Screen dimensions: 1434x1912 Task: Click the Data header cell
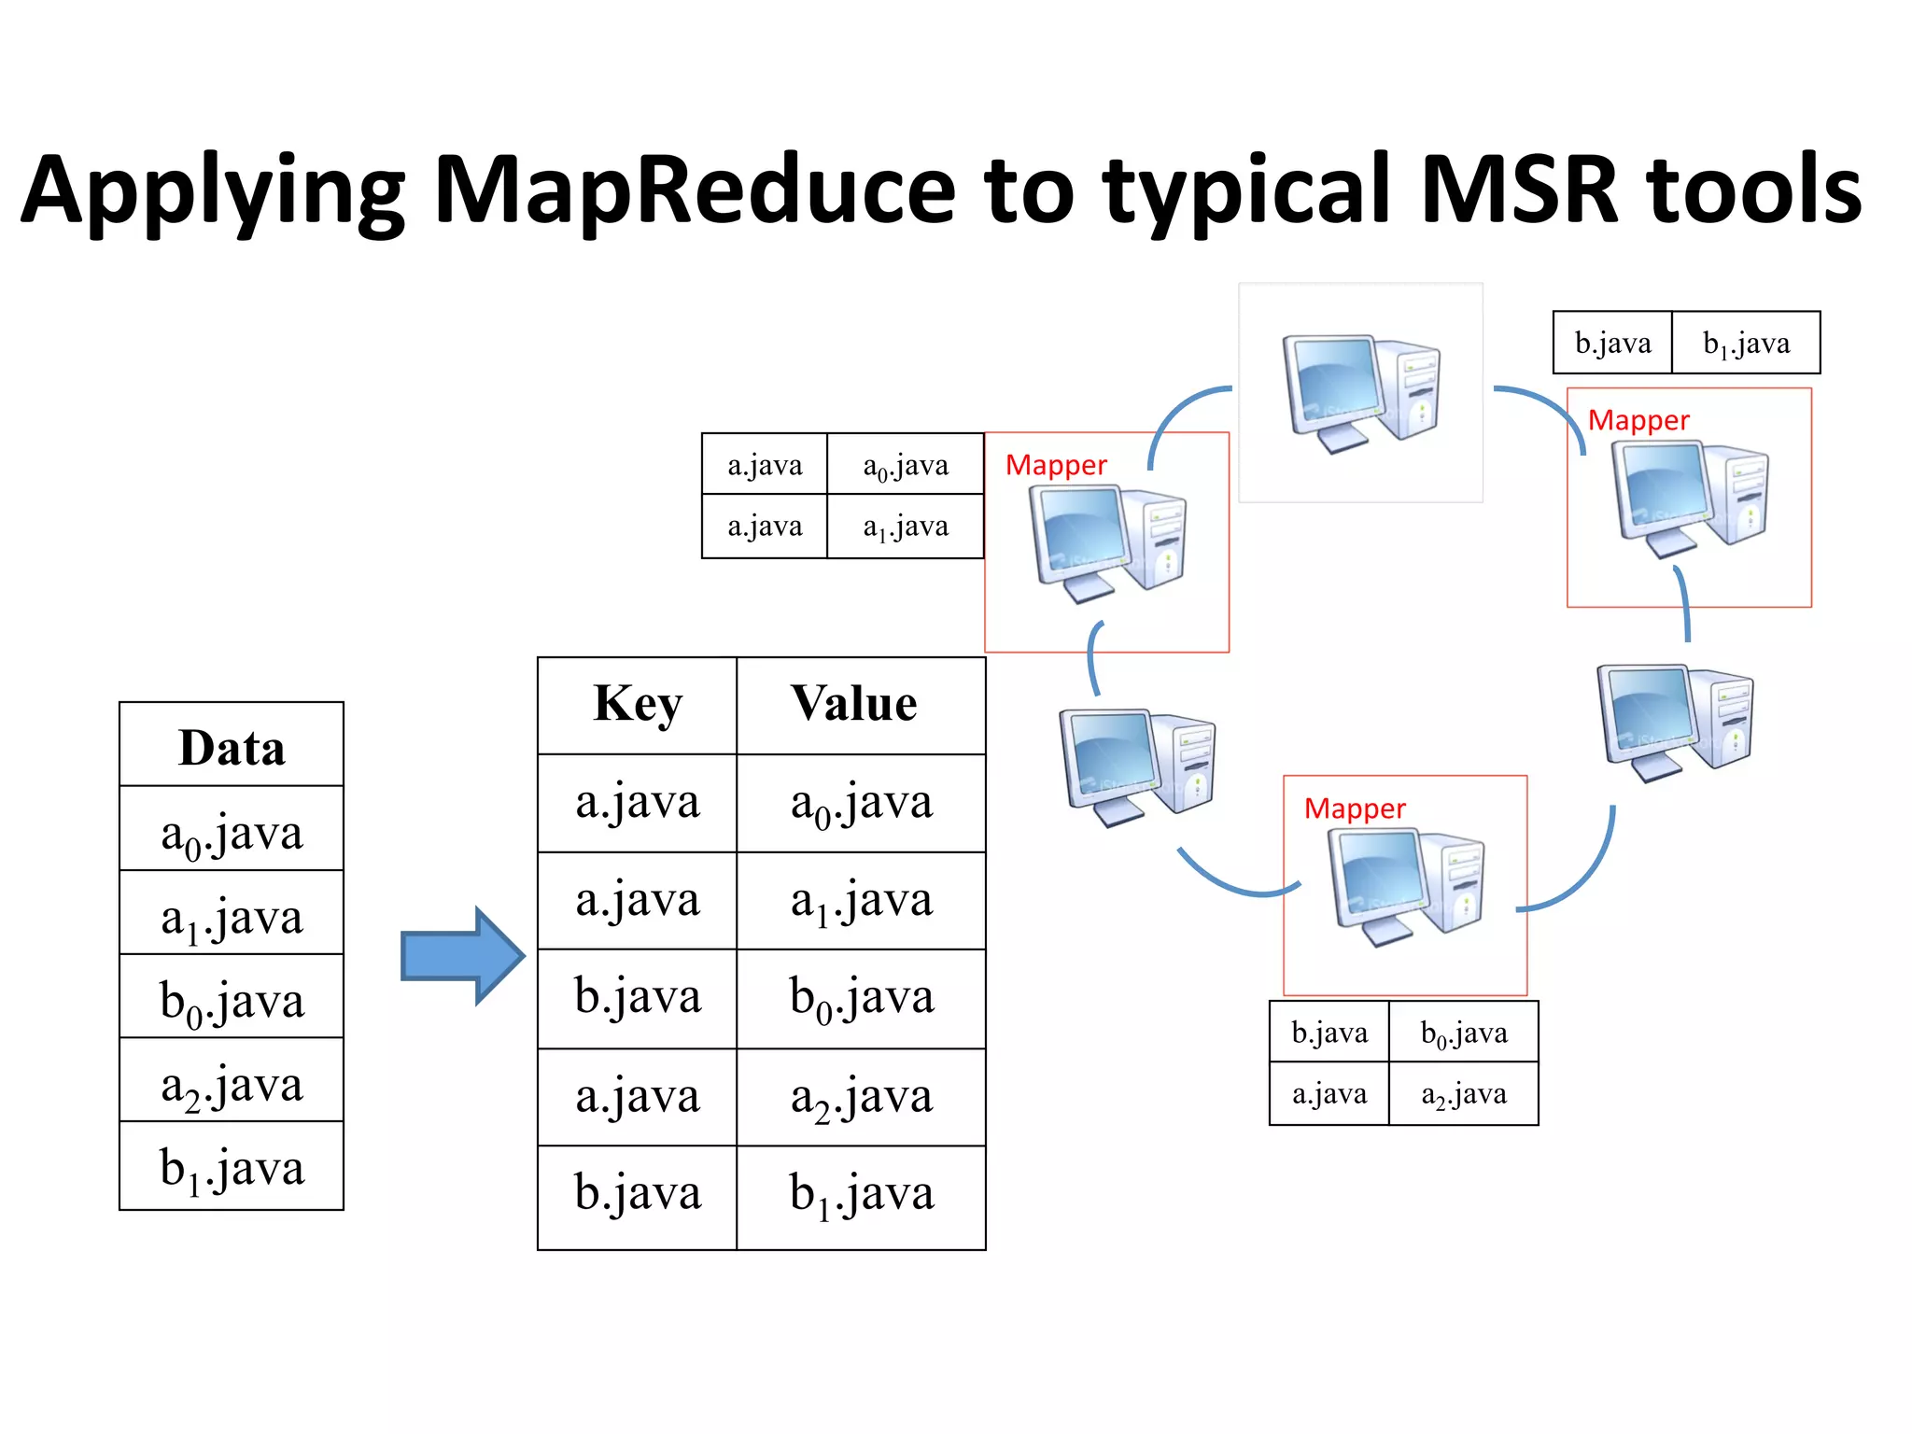(232, 747)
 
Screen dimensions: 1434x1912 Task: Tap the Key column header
(638, 705)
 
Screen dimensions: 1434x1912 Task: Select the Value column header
(854, 705)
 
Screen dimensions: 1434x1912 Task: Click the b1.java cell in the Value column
(861, 1195)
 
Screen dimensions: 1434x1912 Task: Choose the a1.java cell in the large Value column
(861, 901)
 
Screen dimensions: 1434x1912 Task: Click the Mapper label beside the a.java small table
(1056, 465)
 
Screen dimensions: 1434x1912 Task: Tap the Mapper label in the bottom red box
(1355, 808)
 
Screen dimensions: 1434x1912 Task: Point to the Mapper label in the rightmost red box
(1638, 421)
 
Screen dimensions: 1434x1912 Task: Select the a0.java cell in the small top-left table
(905, 465)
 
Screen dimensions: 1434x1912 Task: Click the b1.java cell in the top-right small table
(1746, 344)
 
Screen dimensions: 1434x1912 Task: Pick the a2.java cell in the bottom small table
(1463, 1094)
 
